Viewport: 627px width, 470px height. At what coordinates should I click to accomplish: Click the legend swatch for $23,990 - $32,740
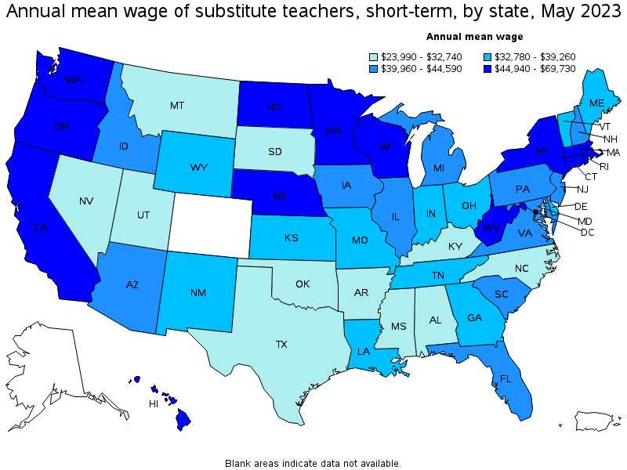click(374, 56)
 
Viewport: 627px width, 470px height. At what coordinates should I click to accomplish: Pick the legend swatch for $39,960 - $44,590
click(374, 69)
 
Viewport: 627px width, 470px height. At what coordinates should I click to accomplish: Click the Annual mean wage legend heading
click(474, 36)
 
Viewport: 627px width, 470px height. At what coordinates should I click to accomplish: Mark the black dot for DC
click(536, 211)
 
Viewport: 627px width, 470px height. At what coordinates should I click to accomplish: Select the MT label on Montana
click(178, 105)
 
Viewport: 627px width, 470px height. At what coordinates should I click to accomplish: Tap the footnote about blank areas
click(313, 463)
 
